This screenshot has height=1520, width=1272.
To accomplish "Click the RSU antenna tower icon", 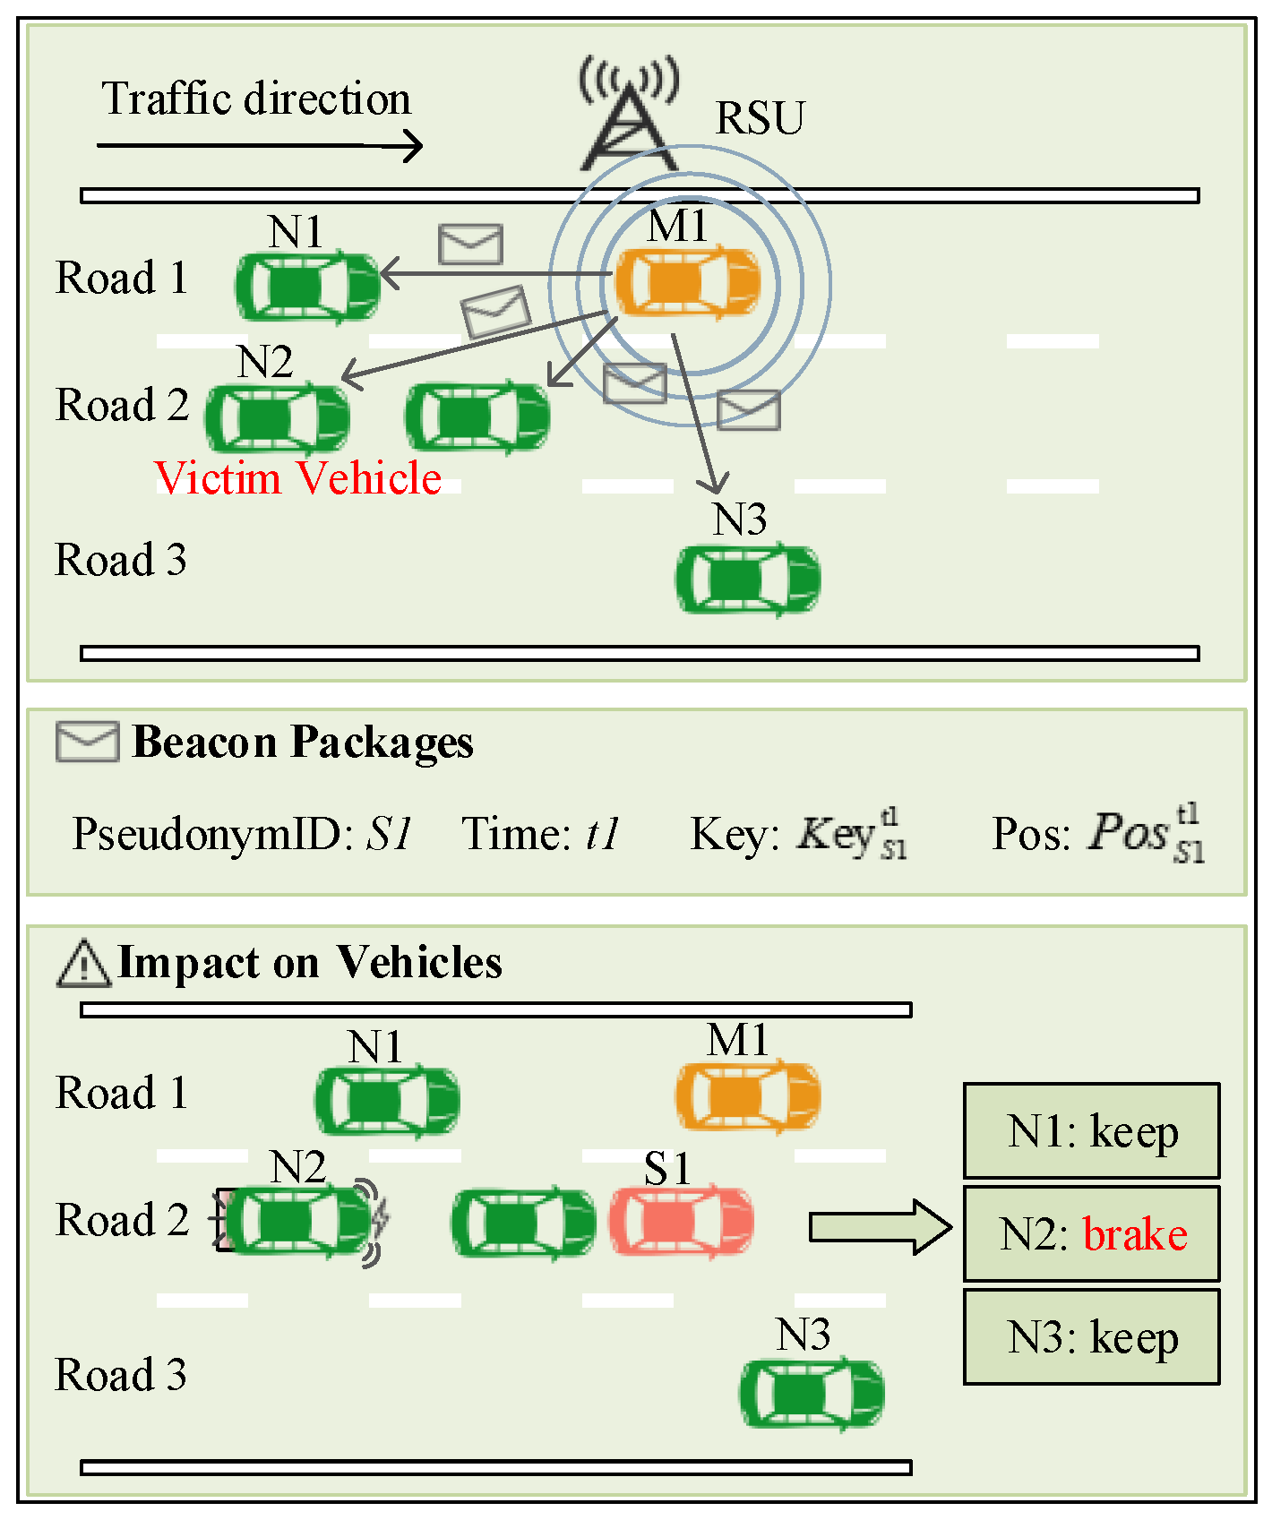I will [x=629, y=121].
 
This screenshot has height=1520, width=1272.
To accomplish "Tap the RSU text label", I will [x=760, y=118].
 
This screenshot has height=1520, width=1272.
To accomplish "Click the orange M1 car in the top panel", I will [x=687, y=281].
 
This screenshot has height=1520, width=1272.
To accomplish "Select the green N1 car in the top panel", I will [x=307, y=287].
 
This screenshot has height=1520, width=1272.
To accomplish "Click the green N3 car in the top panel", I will [x=747, y=580].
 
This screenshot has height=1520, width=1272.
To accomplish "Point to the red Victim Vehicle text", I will [x=297, y=477].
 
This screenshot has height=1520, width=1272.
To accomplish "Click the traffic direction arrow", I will [x=260, y=145].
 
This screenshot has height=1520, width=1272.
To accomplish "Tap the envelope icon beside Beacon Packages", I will [x=87, y=742].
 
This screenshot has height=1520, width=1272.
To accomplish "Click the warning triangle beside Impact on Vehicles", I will [x=83, y=964].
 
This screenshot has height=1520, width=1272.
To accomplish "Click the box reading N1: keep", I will [x=1091, y=1131].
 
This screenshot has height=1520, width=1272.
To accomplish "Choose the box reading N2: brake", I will [x=1091, y=1234].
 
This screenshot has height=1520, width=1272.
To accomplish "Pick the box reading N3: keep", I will [x=1091, y=1337].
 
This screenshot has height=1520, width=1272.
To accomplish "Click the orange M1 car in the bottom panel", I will [x=747, y=1096].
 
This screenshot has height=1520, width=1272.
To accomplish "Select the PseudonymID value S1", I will [x=389, y=834].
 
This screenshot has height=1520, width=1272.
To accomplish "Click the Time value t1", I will [x=602, y=834].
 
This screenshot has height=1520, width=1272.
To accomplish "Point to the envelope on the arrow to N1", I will [x=470, y=244].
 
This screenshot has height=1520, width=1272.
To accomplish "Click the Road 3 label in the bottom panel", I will [x=121, y=1375].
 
